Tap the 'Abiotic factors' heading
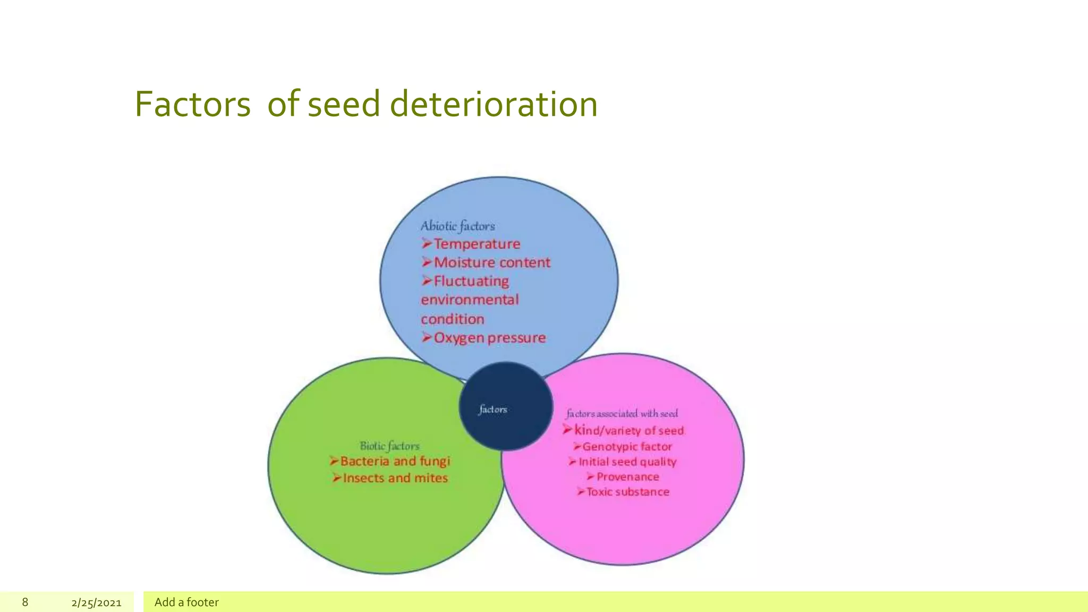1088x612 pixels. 457,226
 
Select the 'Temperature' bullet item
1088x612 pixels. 477,244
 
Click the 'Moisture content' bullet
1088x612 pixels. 491,262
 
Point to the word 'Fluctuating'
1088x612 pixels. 471,281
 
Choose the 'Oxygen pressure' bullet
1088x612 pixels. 489,338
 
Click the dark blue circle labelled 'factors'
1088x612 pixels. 505,407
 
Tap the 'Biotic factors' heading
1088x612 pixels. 389,446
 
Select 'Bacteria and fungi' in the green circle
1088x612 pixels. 395,461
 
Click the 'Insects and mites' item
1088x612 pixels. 395,478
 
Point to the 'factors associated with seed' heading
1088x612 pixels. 622,413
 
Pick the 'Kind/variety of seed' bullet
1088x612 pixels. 628,430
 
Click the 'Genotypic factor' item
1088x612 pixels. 627,447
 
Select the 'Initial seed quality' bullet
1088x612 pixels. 627,462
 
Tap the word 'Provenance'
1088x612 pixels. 627,477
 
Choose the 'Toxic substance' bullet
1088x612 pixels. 627,492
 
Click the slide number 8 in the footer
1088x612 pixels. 25,602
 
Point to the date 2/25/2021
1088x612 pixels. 96,602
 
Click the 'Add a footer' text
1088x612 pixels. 186,602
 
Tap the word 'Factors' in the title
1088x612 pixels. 192,104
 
